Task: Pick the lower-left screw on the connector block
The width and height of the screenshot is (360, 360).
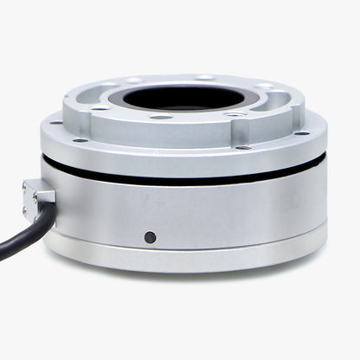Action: point(35,208)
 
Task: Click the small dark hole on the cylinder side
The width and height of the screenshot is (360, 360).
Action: point(150,236)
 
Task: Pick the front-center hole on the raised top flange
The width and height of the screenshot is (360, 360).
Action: point(161,117)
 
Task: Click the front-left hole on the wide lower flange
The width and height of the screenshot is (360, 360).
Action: point(80,139)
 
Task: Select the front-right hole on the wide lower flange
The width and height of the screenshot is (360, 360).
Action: point(244,147)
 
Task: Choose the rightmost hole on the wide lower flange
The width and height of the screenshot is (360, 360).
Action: point(302,132)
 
